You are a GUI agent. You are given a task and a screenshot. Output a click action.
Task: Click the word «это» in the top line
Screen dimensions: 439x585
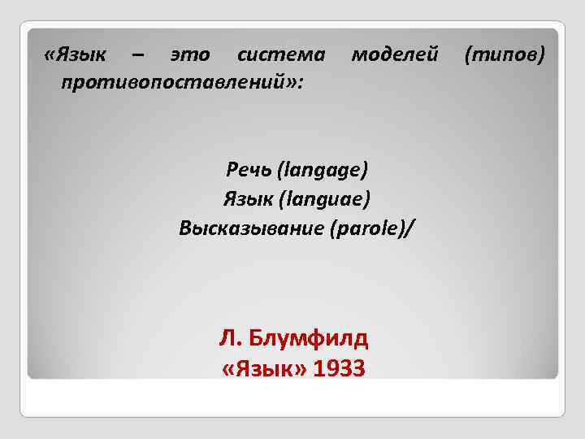coord(190,55)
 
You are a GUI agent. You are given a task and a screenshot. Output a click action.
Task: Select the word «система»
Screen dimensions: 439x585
coord(280,55)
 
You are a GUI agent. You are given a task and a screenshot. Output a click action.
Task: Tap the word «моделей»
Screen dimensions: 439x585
coord(394,55)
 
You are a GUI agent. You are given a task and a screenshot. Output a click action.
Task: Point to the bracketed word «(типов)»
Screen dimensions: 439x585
coord(504,55)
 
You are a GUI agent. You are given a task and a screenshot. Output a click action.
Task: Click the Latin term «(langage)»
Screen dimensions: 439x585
coord(323,170)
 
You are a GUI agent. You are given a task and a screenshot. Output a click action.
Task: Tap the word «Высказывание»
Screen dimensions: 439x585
coord(251,228)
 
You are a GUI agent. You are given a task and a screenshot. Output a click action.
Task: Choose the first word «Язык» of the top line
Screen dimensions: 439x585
coord(83,55)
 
